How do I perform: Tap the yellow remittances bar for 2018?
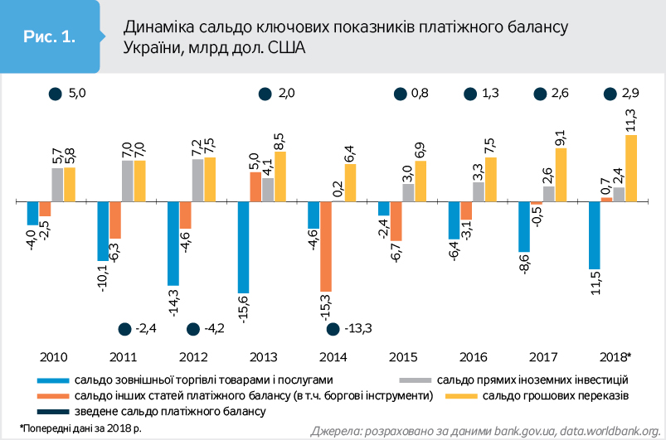click(631, 168)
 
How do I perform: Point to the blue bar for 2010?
click(32, 214)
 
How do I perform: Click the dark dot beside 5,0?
click(56, 94)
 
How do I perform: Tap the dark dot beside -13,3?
click(333, 329)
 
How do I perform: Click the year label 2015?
click(402, 357)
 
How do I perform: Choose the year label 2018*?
click(615, 357)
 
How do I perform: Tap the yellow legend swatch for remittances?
click(462, 395)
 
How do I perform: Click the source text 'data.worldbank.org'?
click(608, 430)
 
